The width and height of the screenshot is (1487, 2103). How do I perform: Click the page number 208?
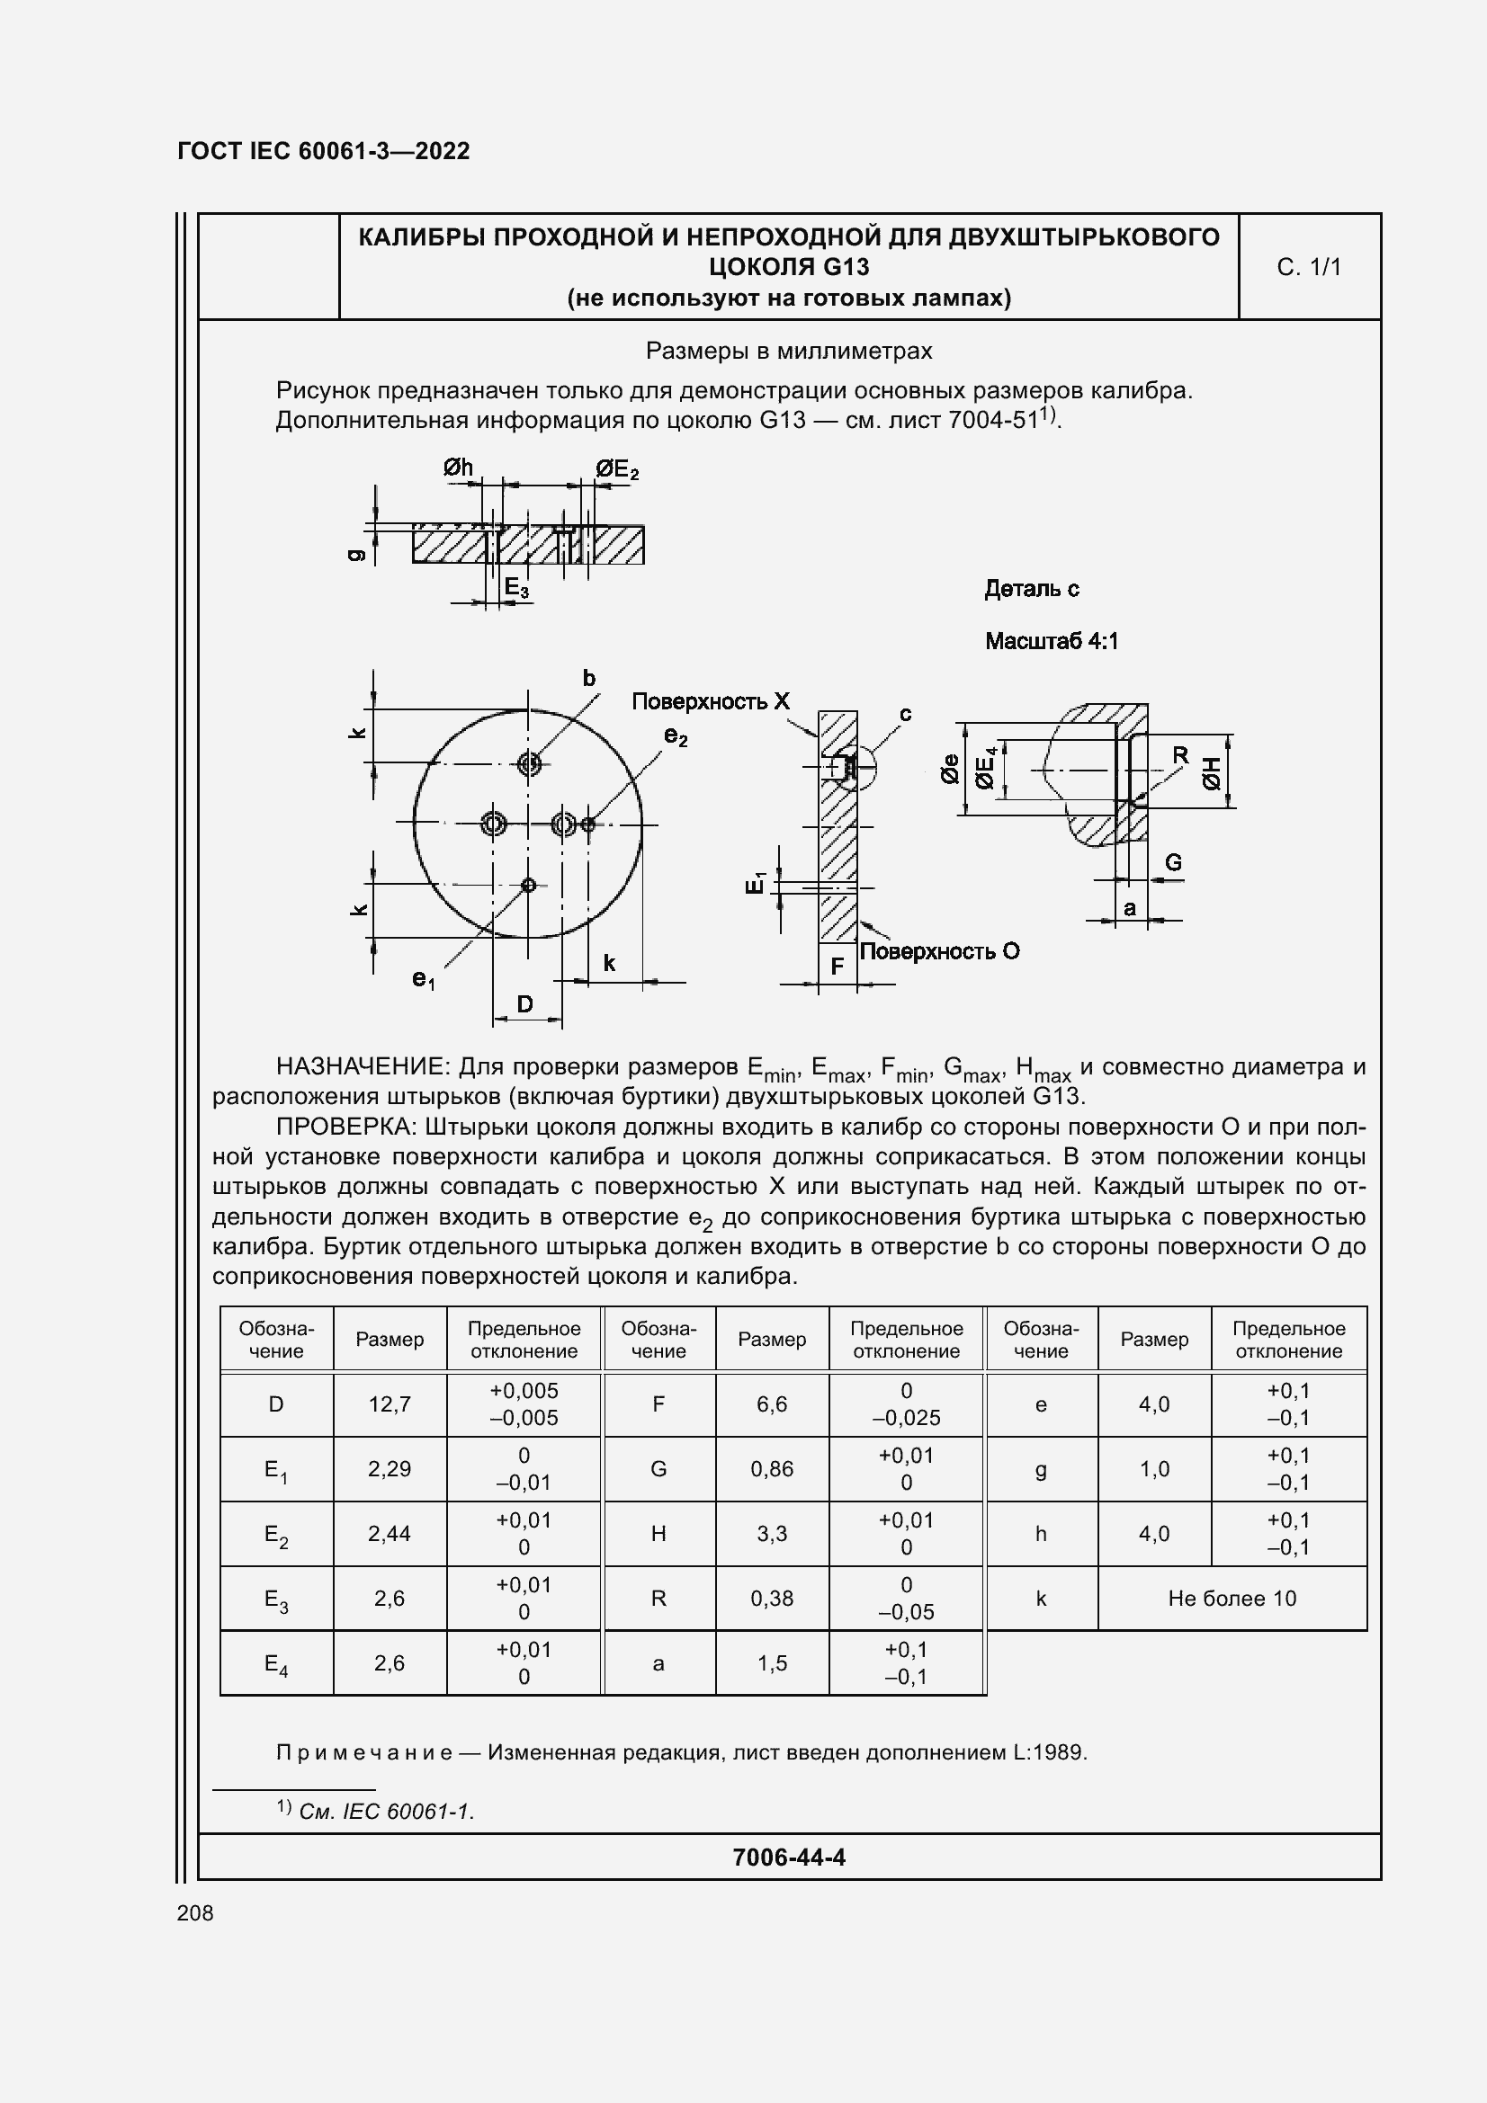[x=194, y=1912]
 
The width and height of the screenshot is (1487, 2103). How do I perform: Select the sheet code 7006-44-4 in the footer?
[x=788, y=1857]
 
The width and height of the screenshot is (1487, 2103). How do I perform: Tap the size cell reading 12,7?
[x=390, y=1403]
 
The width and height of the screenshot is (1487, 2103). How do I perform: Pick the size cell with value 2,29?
[x=390, y=1468]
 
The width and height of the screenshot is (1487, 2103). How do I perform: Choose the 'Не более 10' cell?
[x=1232, y=1599]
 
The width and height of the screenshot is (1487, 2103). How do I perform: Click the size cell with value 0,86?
[x=772, y=1468]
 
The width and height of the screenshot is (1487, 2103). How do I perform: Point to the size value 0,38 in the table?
[x=772, y=1599]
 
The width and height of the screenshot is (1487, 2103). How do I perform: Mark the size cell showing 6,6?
[x=772, y=1403]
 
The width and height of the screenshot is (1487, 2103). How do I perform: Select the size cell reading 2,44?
[x=390, y=1533]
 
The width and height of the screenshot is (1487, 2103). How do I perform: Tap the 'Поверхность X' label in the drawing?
[x=710, y=701]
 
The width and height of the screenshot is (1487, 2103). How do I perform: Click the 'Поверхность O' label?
[x=939, y=951]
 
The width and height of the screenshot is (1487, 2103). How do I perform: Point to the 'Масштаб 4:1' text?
[x=1051, y=641]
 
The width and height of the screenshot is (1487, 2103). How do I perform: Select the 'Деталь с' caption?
[x=1032, y=589]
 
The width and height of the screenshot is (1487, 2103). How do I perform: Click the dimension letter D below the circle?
[x=525, y=1004]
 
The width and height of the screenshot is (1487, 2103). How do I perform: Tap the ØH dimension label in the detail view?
[x=1212, y=772]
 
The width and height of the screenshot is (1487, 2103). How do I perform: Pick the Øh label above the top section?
[x=458, y=468]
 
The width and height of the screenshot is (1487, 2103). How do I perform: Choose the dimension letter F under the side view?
[x=837, y=967]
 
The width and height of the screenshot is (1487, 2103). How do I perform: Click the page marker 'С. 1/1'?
[x=1308, y=266]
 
